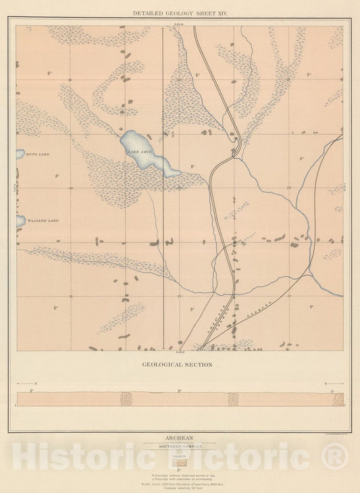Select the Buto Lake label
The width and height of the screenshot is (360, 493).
(x=37, y=154)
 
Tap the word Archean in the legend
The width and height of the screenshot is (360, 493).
(x=180, y=437)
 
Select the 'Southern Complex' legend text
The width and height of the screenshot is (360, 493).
(x=180, y=446)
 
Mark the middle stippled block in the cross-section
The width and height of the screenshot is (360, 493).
(x=233, y=399)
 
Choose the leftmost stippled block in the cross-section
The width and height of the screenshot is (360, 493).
(x=126, y=399)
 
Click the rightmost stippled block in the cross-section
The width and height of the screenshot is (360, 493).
(x=338, y=399)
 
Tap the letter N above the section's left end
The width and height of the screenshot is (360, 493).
(x=36, y=383)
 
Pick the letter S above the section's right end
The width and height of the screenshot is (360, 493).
(x=324, y=383)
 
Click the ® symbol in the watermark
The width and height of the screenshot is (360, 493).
(x=335, y=459)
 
